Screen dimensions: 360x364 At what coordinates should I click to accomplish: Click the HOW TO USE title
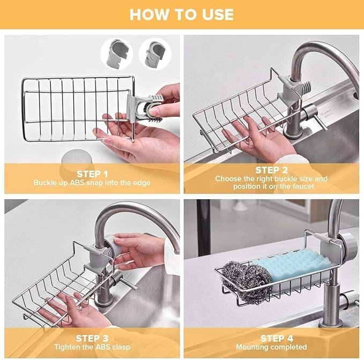[181, 14]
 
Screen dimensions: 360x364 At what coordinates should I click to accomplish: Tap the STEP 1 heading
[92, 174]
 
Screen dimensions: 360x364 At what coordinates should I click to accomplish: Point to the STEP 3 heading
[92, 338]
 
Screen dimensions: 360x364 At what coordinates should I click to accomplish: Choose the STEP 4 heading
[277, 338]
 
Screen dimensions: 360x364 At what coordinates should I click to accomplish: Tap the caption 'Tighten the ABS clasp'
[92, 347]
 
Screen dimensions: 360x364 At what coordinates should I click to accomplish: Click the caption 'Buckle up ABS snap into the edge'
[92, 183]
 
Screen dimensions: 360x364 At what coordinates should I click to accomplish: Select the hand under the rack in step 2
[257, 140]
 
